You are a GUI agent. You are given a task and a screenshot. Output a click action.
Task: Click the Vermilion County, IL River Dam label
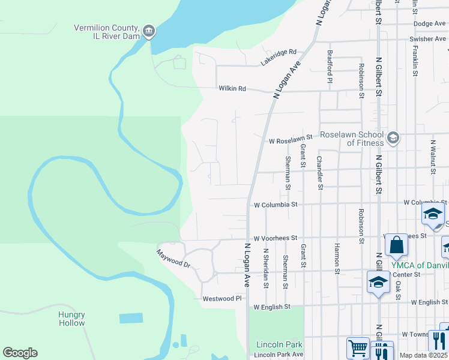click(x=106, y=32)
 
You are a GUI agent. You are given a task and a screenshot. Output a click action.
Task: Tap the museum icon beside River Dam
click(x=149, y=31)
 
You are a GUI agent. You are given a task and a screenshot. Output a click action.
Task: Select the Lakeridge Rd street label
click(x=279, y=58)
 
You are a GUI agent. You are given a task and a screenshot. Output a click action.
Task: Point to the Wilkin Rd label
click(x=233, y=89)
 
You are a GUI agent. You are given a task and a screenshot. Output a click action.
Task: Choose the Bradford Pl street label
click(x=330, y=66)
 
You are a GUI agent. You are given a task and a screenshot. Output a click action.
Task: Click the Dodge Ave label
click(x=430, y=23)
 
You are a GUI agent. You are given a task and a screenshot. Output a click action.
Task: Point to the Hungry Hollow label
click(x=71, y=319)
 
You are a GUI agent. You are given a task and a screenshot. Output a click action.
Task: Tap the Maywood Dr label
click(x=173, y=259)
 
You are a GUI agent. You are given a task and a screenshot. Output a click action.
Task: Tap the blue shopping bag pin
click(x=396, y=245)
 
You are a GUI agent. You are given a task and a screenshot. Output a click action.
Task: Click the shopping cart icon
click(x=358, y=348)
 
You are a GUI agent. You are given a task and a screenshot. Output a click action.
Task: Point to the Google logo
click(x=20, y=353)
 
